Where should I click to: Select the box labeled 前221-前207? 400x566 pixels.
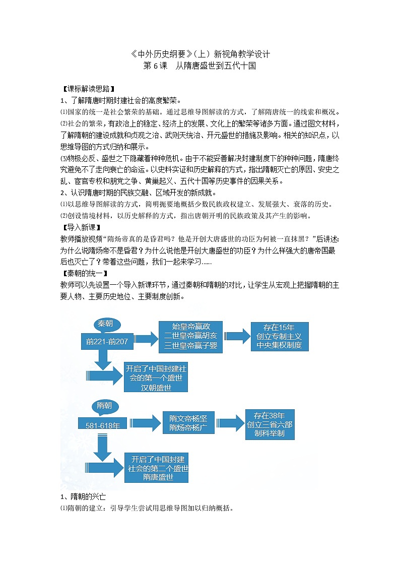[x=107, y=341]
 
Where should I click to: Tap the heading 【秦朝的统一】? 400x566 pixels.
[x=84, y=273]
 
